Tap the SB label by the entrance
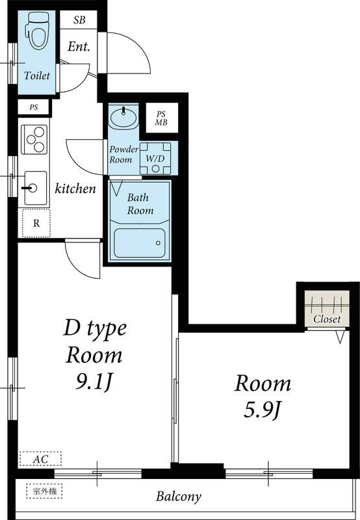click(79, 19)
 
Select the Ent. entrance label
click(79, 47)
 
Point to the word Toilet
click(36, 76)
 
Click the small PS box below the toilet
click(33, 107)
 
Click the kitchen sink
click(34, 188)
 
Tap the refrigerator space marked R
click(36, 224)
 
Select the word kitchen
click(75, 189)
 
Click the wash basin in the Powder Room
click(123, 118)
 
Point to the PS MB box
click(161, 119)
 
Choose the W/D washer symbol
click(155, 158)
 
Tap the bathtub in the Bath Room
click(140, 242)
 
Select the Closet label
click(327, 319)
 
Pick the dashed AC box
click(40, 459)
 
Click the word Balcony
click(179, 497)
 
